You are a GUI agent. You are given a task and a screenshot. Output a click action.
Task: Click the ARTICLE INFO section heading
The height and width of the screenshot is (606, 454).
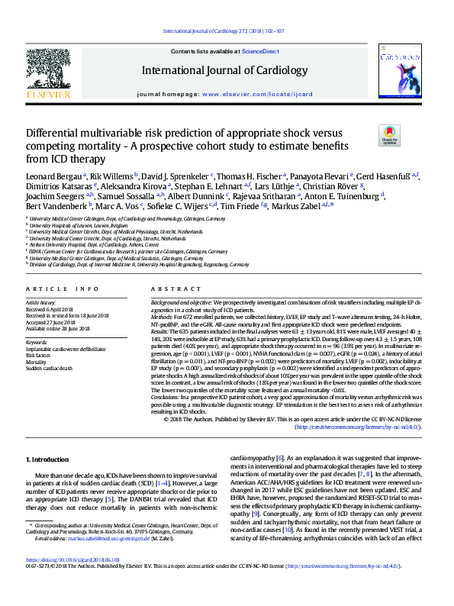coord(63,289)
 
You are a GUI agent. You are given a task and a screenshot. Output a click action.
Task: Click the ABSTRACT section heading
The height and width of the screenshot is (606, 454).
coord(169,289)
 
